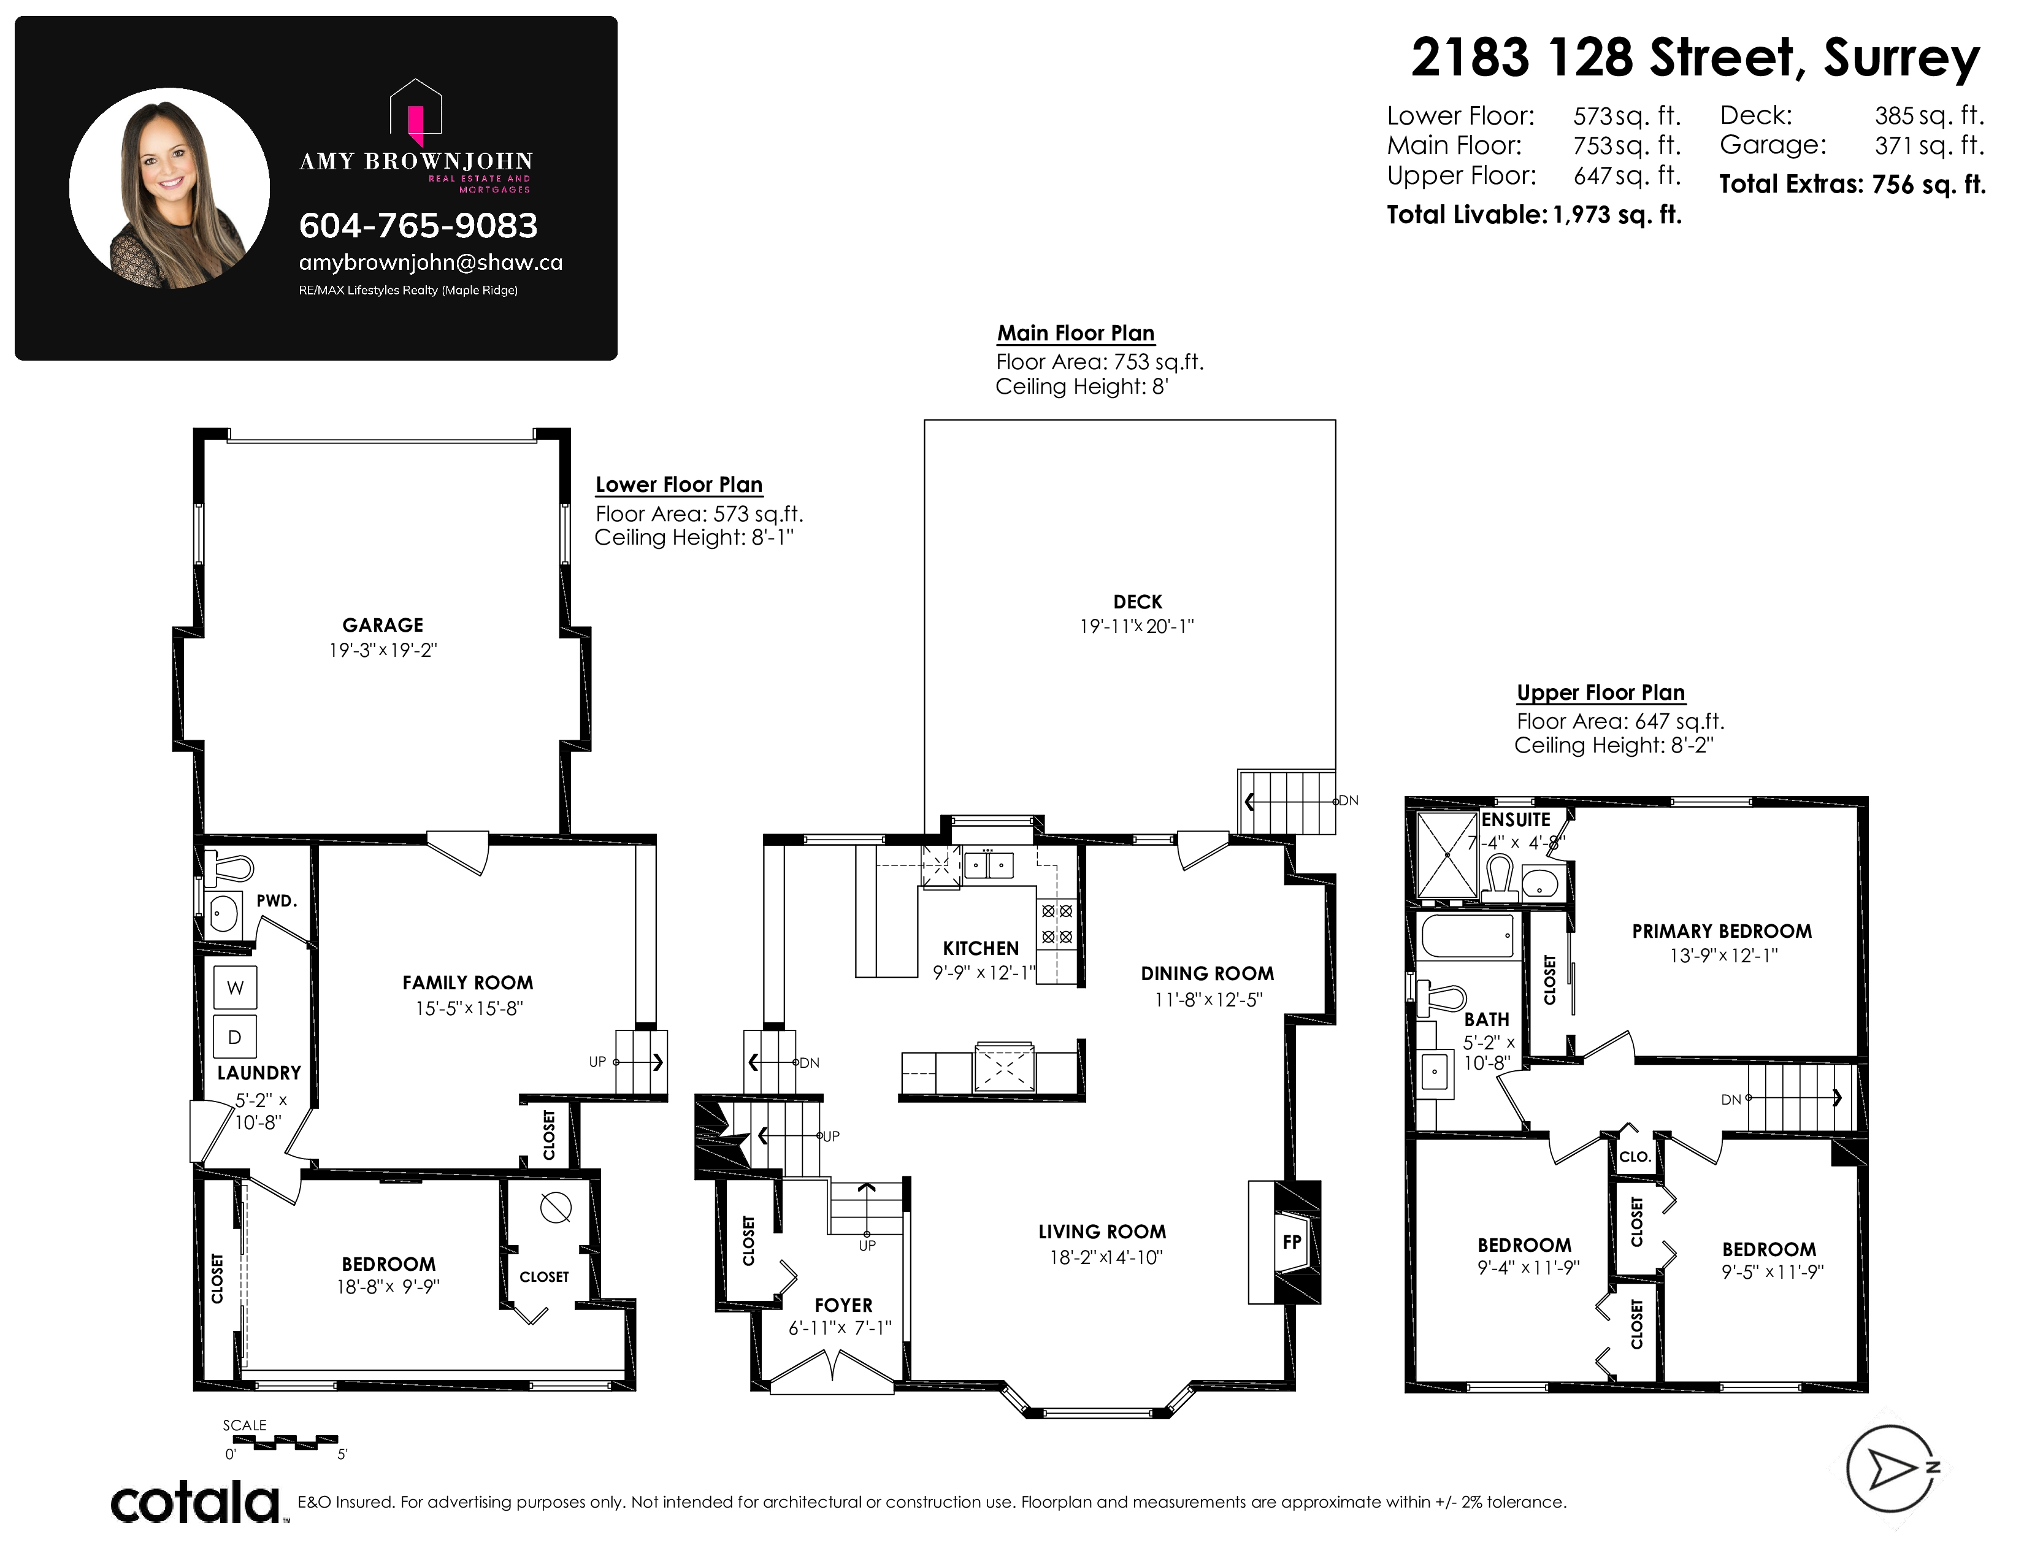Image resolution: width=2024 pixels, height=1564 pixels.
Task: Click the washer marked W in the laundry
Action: (x=236, y=987)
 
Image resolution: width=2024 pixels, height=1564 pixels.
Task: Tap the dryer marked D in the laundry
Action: (x=236, y=1037)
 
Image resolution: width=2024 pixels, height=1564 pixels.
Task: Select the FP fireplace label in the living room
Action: (x=1292, y=1241)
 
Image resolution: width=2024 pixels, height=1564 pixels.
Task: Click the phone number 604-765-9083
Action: (x=418, y=225)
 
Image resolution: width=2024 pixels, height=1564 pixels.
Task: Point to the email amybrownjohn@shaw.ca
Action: (x=430, y=263)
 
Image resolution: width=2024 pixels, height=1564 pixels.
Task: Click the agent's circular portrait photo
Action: (x=170, y=188)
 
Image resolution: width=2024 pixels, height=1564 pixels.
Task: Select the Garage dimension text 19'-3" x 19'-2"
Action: (x=383, y=650)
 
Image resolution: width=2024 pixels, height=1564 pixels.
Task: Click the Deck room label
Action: (x=1137, y=602)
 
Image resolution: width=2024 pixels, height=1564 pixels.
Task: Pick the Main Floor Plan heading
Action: (x=1076, y=334)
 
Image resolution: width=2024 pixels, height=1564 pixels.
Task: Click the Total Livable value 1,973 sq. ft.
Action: (x=1617, y=215)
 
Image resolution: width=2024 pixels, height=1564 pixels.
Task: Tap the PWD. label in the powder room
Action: (x=276, y=900)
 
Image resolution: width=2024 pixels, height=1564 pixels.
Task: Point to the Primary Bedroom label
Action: (x=1722, y=931)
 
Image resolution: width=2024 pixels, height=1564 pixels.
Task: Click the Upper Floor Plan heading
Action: (x=1600, y=693)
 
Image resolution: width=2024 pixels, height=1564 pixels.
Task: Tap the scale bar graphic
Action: (x=285, y=1442)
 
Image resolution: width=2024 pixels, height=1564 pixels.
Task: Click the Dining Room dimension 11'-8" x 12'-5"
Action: (x=1208, y=1000)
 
